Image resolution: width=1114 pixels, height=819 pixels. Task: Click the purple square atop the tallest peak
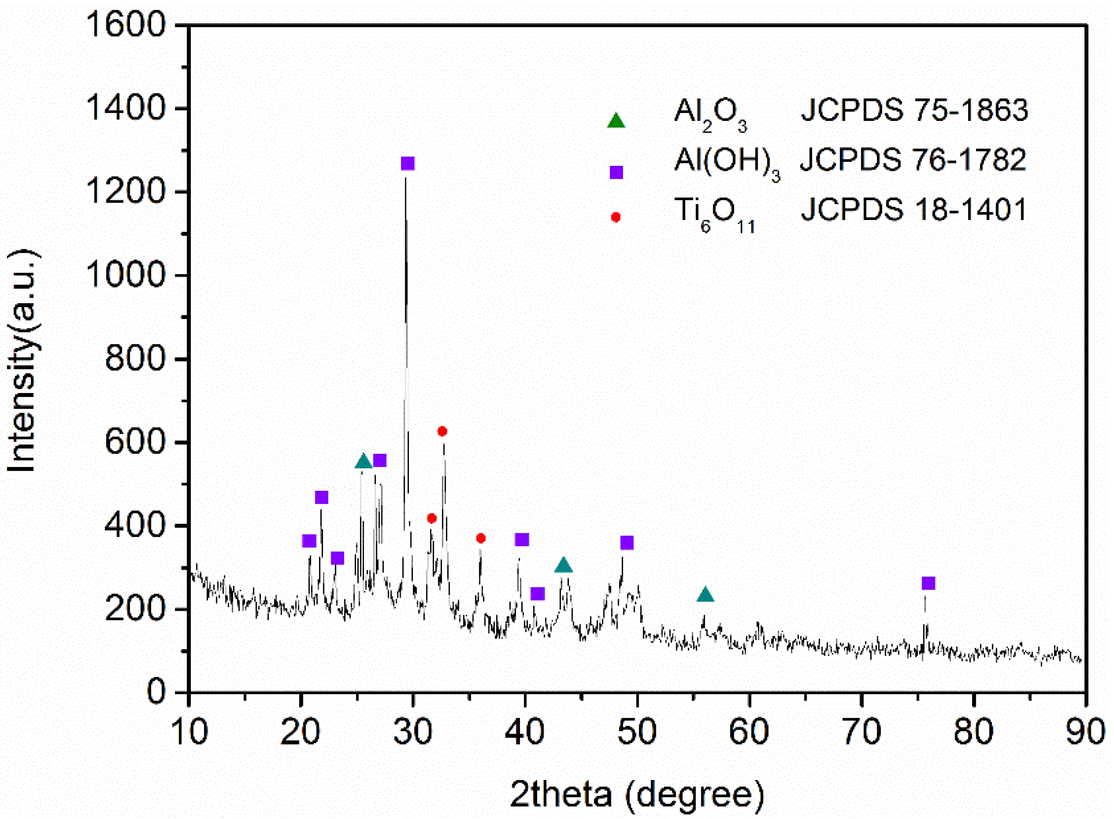(x=407, y=164)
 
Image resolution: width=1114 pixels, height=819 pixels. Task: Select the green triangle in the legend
(x=616, y=121)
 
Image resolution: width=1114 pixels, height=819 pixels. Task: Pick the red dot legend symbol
(x=616, y=217)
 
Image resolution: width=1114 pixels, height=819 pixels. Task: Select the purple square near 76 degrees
(x=928, y=583)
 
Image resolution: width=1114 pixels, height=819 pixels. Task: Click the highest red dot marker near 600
(x=442, y=431)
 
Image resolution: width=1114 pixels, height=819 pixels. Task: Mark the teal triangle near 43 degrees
(x=563, y=565)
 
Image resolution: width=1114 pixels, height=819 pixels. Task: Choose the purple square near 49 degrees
(x=627, y=543)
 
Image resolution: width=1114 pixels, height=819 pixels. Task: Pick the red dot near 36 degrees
(x=481, y=538)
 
